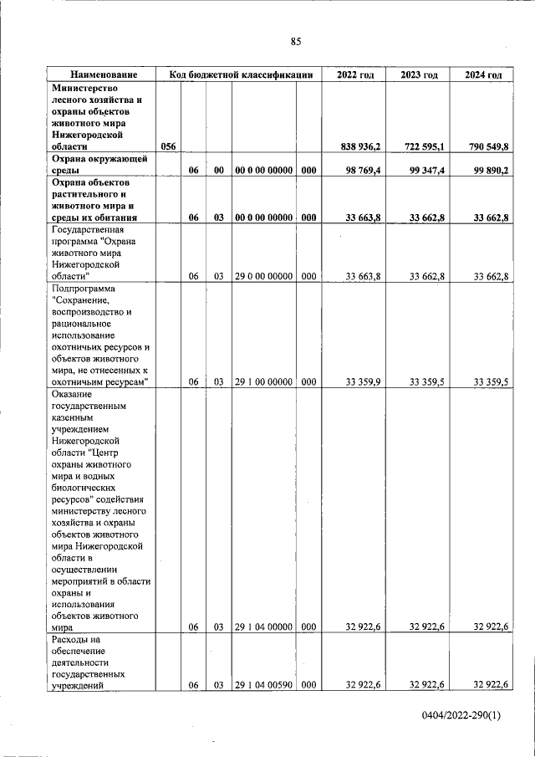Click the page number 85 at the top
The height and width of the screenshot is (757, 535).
pyautogui.click(x=295, y=42)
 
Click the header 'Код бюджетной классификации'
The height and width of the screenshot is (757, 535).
pyautogui.click(x=240, y=75)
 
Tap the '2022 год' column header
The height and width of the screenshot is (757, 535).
pyautogui.click(x=354, y=75)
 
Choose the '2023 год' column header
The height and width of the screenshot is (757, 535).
pyautogui.click(x=419, y=75)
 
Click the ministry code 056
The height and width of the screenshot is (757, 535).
pyautogui.click(x=168, y=146)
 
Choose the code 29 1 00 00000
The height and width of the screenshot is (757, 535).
pyautogui.click(x=263, y=382)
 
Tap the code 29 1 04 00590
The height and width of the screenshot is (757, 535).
pyautogui.click(x=263, y=684)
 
